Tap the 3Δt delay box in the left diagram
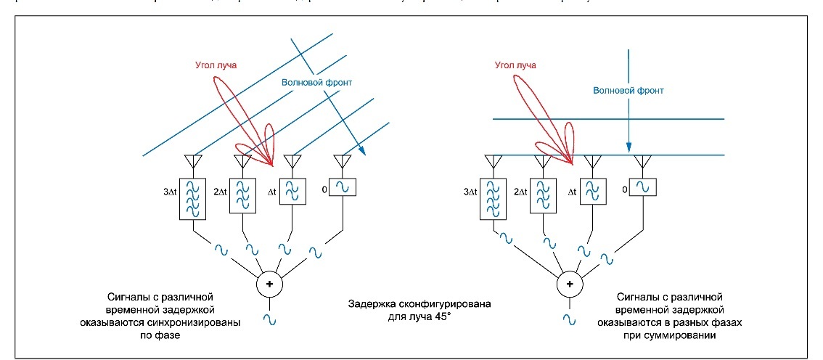pos(194,197)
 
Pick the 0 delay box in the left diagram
pos(342,187)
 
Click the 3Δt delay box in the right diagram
pos(494,197)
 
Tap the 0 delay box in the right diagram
pos(642,187)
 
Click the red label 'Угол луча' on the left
pos(216,65)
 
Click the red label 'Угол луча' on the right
pos(516,65)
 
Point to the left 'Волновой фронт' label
pos(316,82)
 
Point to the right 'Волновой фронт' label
pos(628,91)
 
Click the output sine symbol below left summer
pos(269,319)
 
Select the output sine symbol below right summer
pos(569,319)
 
